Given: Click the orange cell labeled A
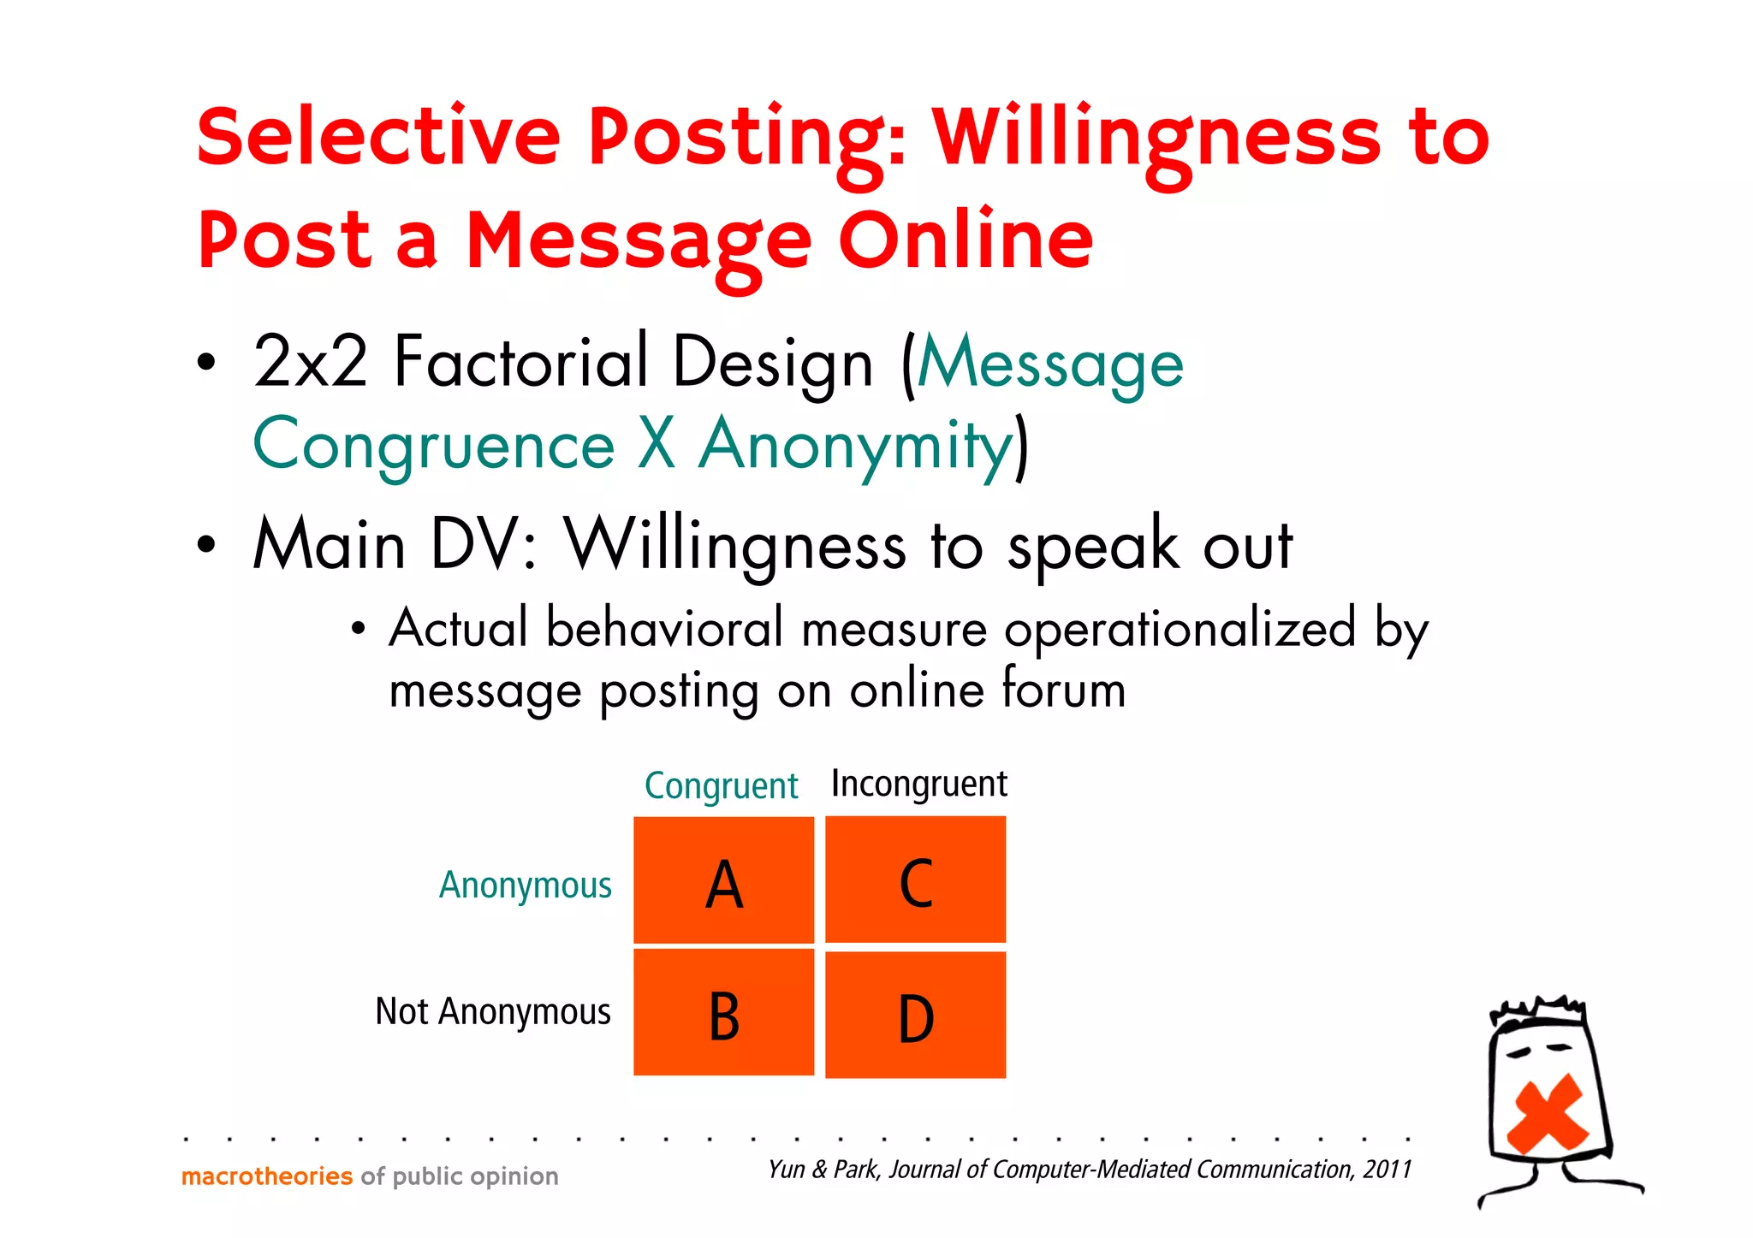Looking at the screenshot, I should pos(723,880).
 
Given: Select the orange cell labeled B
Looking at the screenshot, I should pos(723,1012).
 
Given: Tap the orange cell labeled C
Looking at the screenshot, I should pos(915,880).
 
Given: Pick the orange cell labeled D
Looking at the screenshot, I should pos(915,1015).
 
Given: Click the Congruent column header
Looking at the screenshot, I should pos(721,785).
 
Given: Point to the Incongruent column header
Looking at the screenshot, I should pos(919,784).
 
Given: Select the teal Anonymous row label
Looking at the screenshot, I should pos(526,886).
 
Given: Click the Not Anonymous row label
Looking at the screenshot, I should pos(493,1011).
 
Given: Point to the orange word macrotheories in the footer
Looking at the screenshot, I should pos(267,1176).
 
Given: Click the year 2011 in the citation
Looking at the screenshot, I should pos(1388,1169).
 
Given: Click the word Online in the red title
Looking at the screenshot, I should pos(966,240).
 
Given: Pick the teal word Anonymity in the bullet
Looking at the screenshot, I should pos(856,445).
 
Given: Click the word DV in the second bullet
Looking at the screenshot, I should pos(477,545).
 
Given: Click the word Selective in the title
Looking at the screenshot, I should pos(378,137).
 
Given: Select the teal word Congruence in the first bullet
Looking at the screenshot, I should pos(434,445).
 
